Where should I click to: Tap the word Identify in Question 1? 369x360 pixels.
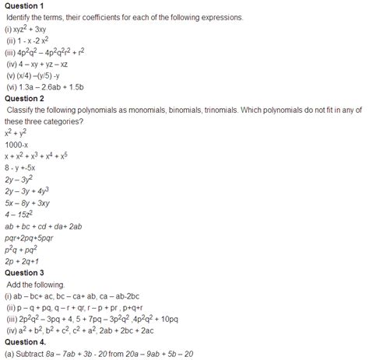coord(24,17)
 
